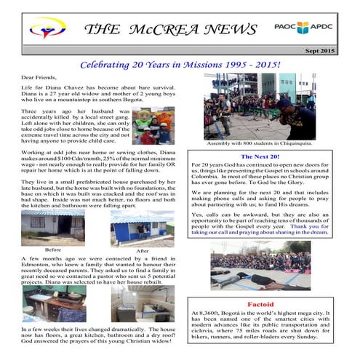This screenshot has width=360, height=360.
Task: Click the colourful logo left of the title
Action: pyautogui.click(x=46, y=30)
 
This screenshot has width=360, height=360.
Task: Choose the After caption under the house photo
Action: pyautogui.click(x=142, y=251)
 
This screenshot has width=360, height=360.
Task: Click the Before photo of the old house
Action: pyautogui.click(x=52, y=227)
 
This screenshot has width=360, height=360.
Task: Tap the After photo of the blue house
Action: pyautogui.click(x=143, y=228)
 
